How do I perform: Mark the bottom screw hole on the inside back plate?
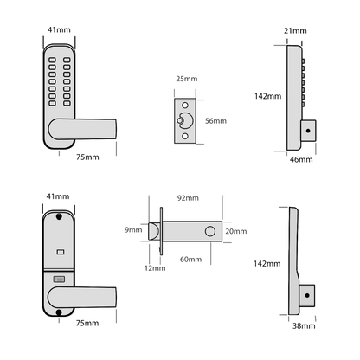(57, 283)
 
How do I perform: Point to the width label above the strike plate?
(186, 78)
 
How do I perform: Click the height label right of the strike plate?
(215, 121)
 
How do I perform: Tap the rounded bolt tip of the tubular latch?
(152, 232)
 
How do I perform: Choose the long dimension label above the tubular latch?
(188, 197)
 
